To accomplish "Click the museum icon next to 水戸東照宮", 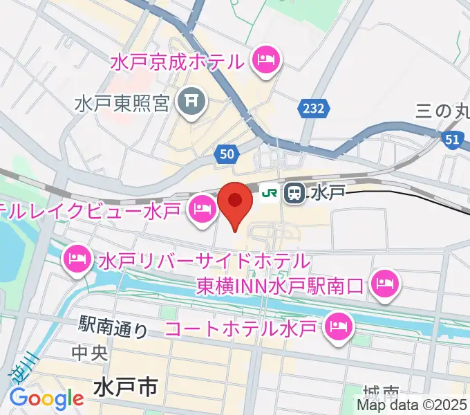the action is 190,103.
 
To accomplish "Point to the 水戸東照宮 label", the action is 122,104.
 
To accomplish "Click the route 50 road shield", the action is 226,156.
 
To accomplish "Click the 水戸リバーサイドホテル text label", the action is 203,262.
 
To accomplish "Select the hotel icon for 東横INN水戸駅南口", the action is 383,284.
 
